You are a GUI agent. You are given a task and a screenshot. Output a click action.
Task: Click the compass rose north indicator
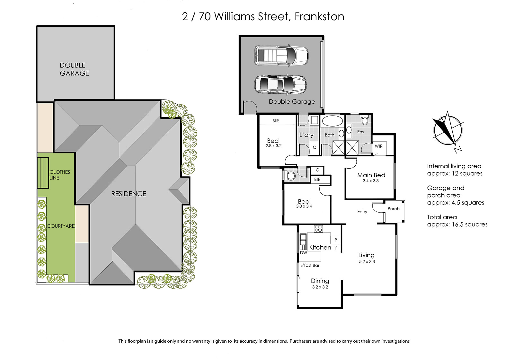448,131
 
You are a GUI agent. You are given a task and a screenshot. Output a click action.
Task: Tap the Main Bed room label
371,175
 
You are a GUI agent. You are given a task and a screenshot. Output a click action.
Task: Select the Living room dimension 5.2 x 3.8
367,261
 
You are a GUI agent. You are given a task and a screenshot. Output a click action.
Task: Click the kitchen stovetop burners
318,229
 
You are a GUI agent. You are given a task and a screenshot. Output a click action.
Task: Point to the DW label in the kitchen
303,253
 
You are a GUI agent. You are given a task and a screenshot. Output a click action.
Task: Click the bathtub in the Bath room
331,120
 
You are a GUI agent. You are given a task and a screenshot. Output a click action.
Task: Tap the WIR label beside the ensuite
379,146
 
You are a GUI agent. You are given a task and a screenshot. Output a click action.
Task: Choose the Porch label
394,208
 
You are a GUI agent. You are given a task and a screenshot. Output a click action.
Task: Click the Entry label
362,212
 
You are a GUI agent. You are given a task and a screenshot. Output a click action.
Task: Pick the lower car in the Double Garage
281,85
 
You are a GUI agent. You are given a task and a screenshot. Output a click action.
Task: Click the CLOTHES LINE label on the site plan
60,175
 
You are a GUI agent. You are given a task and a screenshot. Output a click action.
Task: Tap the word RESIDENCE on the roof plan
128,194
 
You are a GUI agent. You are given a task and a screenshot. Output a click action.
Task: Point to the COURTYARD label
61,226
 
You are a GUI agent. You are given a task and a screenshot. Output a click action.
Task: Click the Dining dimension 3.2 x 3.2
320,287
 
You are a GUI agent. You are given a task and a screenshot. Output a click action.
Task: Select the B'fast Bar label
310,265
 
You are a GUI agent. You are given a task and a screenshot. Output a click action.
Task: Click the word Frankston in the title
319,16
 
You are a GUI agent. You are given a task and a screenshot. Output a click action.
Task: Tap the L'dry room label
306,135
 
